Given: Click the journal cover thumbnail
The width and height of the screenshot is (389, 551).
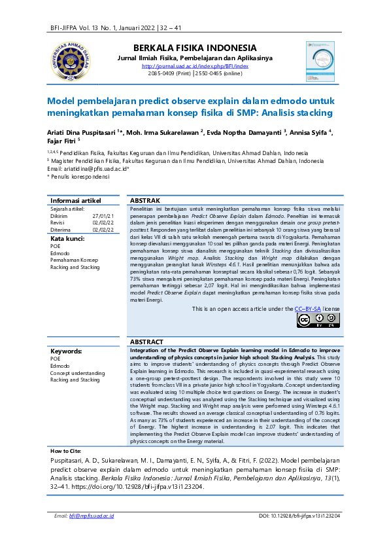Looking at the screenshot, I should [319, 60].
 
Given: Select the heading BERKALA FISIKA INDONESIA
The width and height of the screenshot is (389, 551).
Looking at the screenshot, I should [195, 48].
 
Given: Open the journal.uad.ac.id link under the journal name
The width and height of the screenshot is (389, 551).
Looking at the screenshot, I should [195, 66].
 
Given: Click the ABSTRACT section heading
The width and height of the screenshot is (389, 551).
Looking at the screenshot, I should [147, 342].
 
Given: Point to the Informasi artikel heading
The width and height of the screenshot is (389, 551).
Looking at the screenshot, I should [76, 200].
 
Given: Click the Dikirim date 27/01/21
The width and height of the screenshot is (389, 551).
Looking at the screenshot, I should [103, 215].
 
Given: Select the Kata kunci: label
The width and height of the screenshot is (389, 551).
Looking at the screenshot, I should [68, 238].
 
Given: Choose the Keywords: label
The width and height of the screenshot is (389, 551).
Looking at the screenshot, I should [66, 351].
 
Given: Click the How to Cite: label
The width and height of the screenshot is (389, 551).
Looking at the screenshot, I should [66, 433].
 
